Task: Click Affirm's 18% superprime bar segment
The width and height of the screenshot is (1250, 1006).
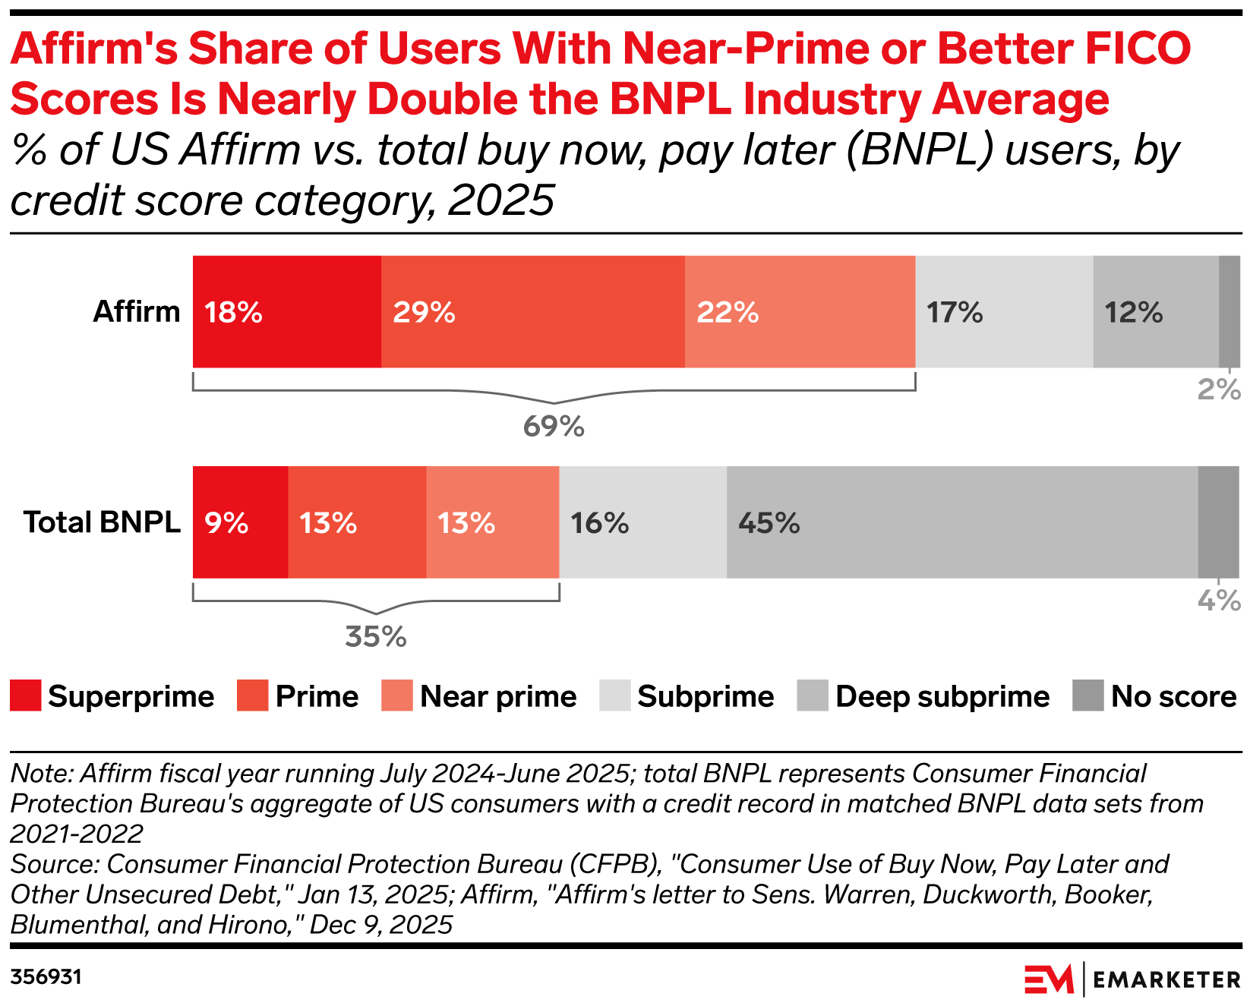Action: tap(286, 312)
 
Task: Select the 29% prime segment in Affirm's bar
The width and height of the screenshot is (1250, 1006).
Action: tap(532, 312)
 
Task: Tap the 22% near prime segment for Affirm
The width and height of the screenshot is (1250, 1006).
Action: tap(800, 312)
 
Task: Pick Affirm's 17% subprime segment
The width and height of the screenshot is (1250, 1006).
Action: tap(1004, 312)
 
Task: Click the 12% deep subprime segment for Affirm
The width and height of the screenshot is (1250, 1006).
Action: tap(1156, 312)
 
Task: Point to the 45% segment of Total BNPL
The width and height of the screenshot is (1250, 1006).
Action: tap(961, 523)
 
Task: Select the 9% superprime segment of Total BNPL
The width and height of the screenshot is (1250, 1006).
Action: tap(240, 523)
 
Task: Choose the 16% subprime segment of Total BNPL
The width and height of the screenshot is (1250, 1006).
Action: tap(642, 523)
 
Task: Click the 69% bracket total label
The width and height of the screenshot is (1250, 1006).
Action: tap(554, 427)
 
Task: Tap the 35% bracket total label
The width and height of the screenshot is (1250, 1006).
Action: tap(376, 637)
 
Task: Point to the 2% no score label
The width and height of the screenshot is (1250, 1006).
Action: tap(1218, 390)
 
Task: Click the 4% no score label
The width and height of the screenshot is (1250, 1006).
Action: tap(1218, 601)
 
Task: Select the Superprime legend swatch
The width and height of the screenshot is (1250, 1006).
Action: tap(25, 696)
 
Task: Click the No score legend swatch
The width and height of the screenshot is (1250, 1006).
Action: tap(1087, 696)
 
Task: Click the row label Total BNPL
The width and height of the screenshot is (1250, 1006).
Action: tap(102, 522)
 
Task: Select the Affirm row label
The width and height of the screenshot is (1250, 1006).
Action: tap(137, 312)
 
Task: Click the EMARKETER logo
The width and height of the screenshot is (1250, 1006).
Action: tap(1132, 979)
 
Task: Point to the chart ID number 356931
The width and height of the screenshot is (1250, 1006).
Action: tap(46, 976)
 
